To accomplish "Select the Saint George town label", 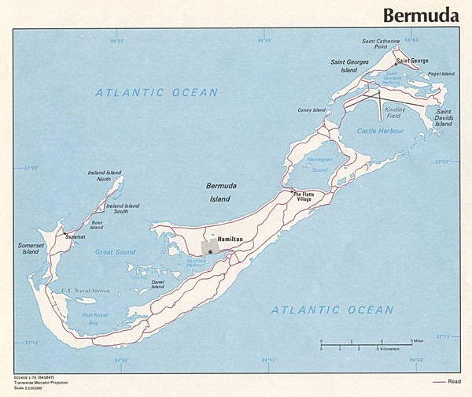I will [412, 60].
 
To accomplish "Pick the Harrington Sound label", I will [319, 165].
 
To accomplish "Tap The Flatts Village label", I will [303, 196].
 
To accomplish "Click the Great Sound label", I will [116, 252].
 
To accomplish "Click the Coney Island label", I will [312, 111].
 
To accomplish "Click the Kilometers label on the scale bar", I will [393, 348].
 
